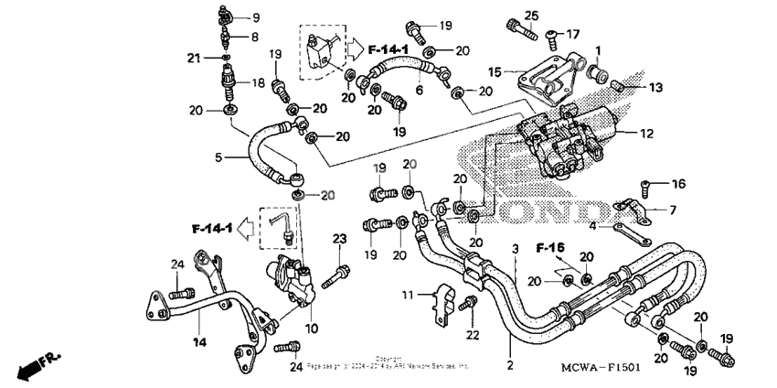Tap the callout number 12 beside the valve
point(646,134)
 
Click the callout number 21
point(193,59)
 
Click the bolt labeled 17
point(552,37)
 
